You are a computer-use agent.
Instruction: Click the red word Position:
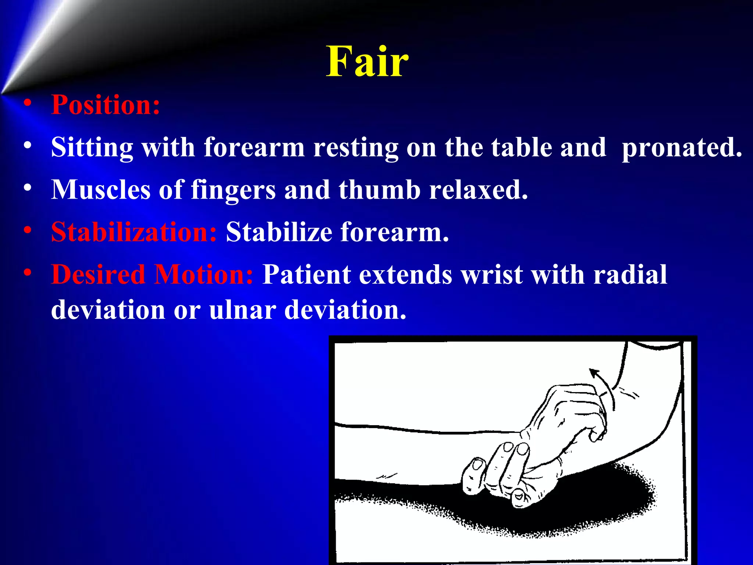[x=106, y=105]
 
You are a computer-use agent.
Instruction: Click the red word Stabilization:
[x=134, y=232]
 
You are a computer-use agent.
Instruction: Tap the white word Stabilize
[x=279, y=232]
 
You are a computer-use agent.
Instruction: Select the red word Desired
[x=98, y=275]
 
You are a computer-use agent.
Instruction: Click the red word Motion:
[x=203, y=275]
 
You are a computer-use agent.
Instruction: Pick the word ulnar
[x=242, y=310]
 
